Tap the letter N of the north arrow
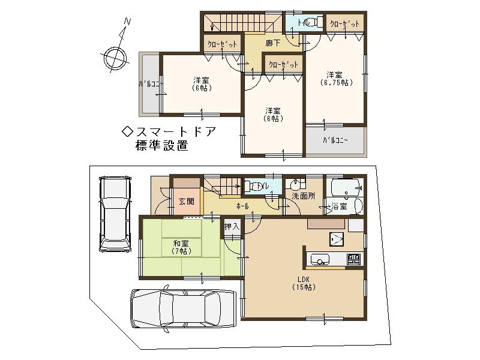click(x=127, y=22)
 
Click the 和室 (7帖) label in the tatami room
click(x=182, y=247)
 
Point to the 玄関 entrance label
click(x=186, y=202)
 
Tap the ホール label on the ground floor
click(x=242, y=206)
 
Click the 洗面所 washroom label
click(x=303, y=196)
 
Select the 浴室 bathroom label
click(x=339, y=206)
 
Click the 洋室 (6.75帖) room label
click(x=335, y=79)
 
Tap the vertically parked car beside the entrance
click(x=114, y=213)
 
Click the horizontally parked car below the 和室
click(x=183, y=307)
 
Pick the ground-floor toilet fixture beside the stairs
click(x=256, y=187)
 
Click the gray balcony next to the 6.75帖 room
click(x=335, y=141)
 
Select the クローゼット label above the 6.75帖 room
click(x=345, y=23)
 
